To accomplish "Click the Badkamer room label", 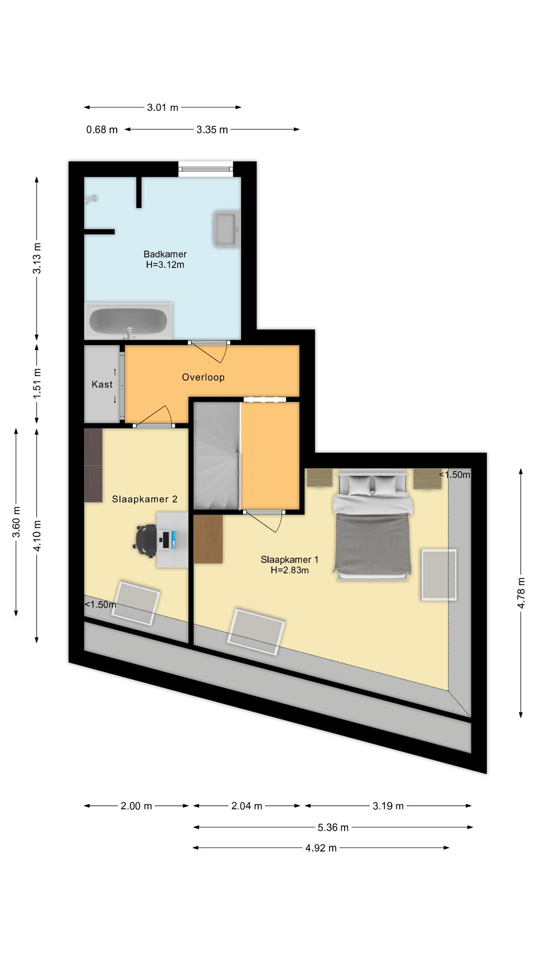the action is click(x=165, y=254).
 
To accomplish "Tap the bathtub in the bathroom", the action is click(x=129, y=321).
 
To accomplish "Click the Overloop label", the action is click(x=203, y=377).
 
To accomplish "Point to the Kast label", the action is click(x=102, y=384).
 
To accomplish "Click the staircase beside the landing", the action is click(x=217, y=456).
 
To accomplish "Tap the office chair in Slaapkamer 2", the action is click(x=145, y=540).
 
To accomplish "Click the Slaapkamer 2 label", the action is click(x=145, y=499).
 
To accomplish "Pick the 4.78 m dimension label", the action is click(x=521, y=592).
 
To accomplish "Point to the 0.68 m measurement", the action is click(x=102, y=130).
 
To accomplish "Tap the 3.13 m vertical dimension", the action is click(x=37, y=257).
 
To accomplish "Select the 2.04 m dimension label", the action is click(x=247, y=806).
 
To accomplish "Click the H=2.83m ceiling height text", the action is click(x=290, y=571).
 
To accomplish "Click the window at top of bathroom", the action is click(x=206, y=169).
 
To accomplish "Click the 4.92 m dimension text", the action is click(x=321, y=848).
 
